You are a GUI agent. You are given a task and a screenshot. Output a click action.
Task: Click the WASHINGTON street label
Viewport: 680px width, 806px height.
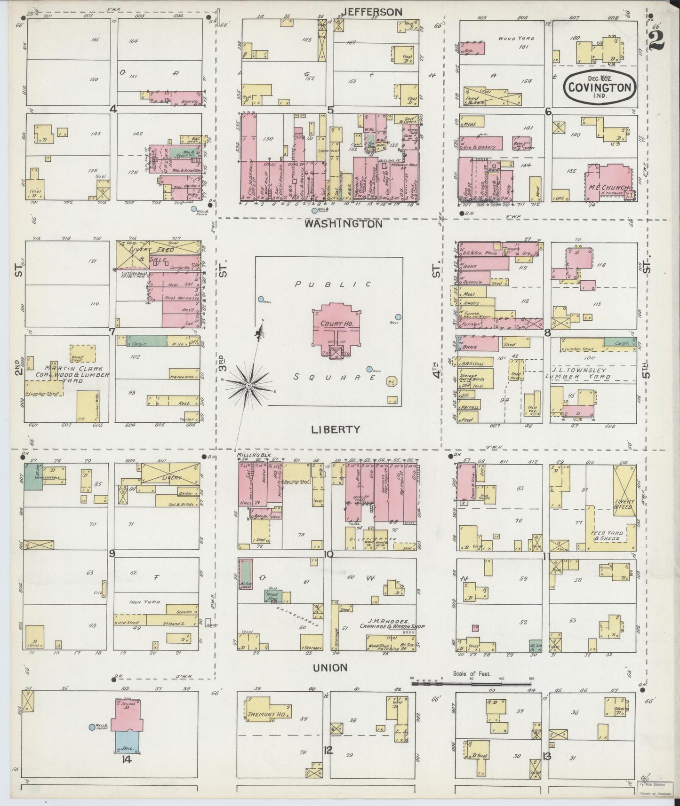(x=343, y=224)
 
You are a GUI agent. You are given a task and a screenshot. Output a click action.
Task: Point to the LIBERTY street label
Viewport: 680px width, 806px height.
(x=336, y=429)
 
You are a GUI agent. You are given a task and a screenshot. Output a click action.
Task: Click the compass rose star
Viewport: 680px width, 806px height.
(x=248, y=386)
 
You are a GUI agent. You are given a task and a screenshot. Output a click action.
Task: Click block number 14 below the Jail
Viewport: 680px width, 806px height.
(x=126, y=759)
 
